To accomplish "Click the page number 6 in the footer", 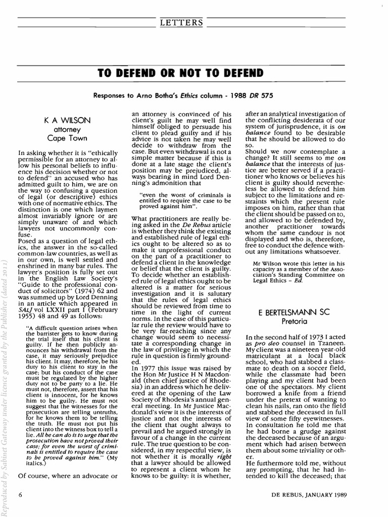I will click(20, 493).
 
